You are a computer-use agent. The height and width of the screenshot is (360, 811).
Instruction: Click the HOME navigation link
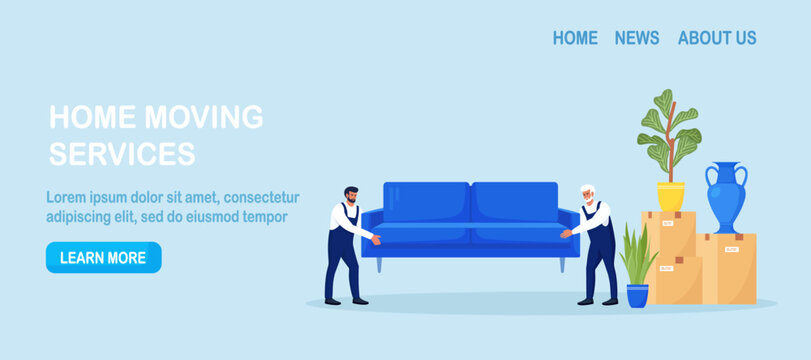[575, 38]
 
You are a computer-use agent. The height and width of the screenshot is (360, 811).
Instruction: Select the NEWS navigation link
[637, 38]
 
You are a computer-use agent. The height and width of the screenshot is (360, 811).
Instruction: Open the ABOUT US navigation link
[717, 38]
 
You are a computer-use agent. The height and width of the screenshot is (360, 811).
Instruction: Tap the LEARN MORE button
[103, 257]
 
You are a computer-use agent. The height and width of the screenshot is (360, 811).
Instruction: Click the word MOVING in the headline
[204, 117]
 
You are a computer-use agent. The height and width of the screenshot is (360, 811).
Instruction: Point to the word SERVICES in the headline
[122, 154]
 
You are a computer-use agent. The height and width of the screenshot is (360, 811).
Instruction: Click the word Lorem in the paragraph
[69, 197]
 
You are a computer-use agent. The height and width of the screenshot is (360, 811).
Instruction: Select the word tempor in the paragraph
[265, 216]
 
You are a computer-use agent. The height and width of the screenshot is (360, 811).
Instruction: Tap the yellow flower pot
[671, 195]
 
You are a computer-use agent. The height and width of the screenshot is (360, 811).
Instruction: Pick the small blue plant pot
[637, 294]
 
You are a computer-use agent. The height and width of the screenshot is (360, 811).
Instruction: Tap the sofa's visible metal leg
[563, 264]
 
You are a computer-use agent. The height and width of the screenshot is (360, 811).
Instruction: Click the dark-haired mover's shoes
[346, 300]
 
